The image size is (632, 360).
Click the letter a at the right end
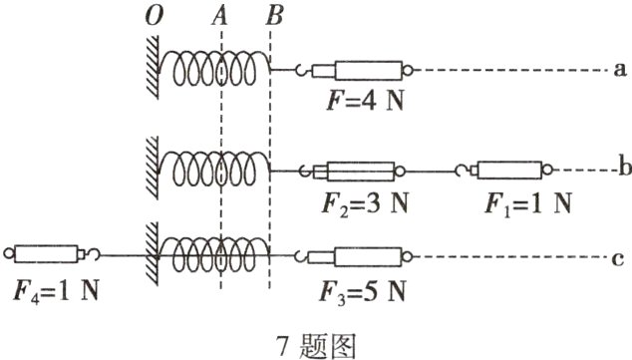pyautogui.click(x=619, y=71)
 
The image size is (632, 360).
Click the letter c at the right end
pyautogui.click(x=619, y=259)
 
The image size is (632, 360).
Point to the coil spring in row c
pyautogui.click(x=217, y=257)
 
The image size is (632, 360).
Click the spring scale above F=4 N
pyautogui.click(x=361, y=71)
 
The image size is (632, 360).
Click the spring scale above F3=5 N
pyautogui.click(x=361, y=258)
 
